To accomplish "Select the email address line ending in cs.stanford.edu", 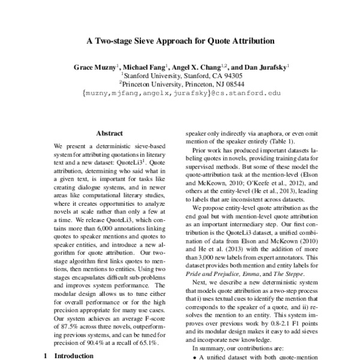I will point(181,94).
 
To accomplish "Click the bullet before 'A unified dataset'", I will point(194,357).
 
